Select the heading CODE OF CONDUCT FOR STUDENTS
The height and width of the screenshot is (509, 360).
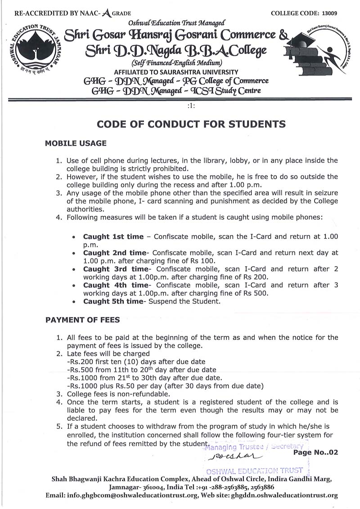tap(191, 124)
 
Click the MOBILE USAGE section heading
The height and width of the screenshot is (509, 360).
tap(76, 143)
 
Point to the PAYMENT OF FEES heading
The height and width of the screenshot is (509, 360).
tap(82, 320)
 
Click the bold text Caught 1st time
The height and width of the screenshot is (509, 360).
tap(113, 237)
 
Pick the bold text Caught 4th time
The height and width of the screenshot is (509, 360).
tap(115, 285)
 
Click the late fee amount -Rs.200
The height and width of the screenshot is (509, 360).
tap(80, 362)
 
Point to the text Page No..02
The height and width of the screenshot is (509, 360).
tap(315, 452)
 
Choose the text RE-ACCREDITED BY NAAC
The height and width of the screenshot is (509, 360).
tap(58, 14)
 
